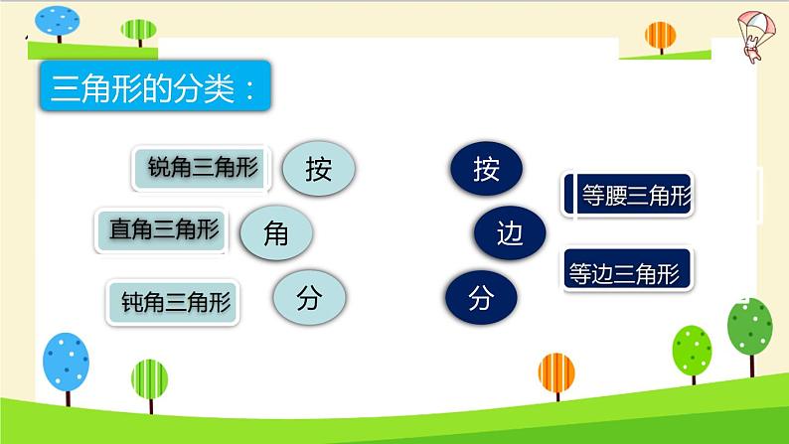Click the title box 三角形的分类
point(155,89)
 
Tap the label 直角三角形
point(163,230)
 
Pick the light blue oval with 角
point(276,233)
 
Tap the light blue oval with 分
point(308,297)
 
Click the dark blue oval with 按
point(486,169)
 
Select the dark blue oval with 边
point(509,233)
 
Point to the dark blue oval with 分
point(480,297)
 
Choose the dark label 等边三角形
point(628,270)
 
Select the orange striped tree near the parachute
point(660,37)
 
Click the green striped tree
point(149,381)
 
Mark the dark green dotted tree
point(750,328)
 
